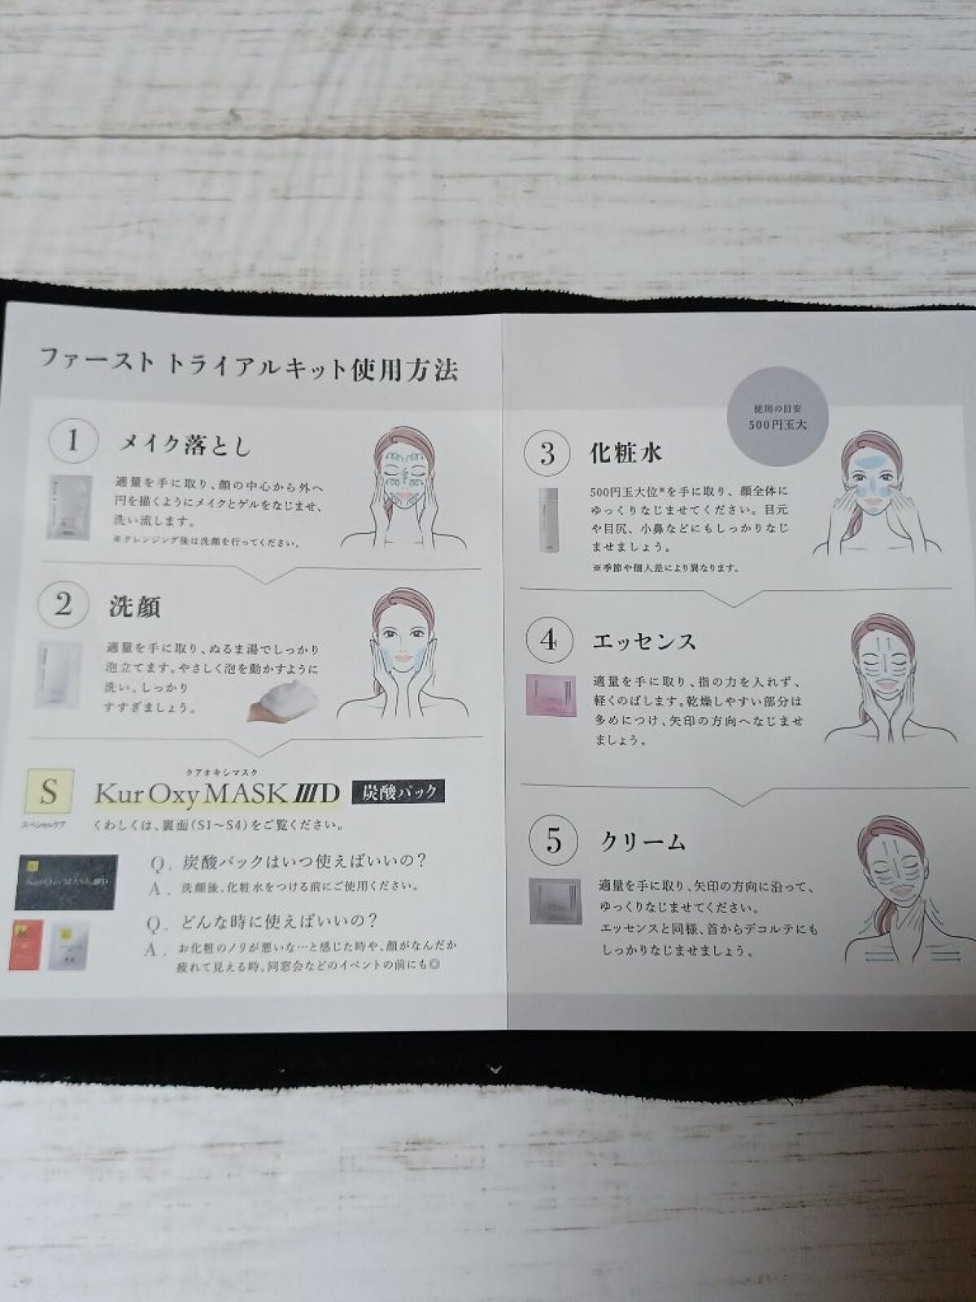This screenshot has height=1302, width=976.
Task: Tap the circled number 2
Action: point(63,605)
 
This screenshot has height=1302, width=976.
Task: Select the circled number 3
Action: point(547,453)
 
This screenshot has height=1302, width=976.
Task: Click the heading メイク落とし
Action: point(185,445)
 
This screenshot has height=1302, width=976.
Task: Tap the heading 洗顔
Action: point(135,607)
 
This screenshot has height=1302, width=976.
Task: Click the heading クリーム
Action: point(643,842)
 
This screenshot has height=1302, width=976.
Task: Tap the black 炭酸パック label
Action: point(398,792)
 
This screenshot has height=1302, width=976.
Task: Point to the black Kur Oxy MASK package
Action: point(65,881)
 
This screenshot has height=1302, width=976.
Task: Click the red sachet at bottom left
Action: point(25,944)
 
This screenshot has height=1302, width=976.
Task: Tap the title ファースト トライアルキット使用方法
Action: point(249,367)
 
